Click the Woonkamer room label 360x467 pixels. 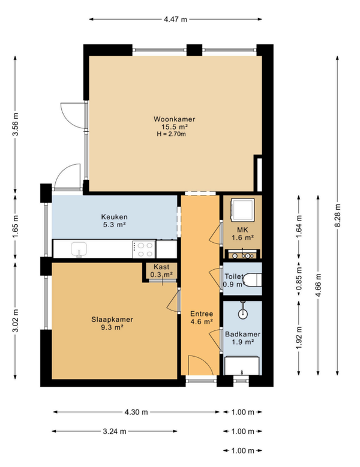click(175, 119)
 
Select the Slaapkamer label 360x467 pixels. click(112, 320)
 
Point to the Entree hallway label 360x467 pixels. click(202, 314)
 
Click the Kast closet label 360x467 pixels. click(161, 267)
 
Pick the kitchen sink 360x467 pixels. click(79, 249)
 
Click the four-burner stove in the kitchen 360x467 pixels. click(144, 249)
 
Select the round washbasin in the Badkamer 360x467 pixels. click(243, 313)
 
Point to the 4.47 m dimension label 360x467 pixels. click(176, 19)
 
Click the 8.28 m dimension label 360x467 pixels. click(337, 215)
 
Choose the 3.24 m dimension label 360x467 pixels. click(115, 431)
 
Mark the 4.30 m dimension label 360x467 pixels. click(136, 412)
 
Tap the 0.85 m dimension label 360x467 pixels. click(299, 278)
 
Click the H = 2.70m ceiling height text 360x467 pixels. click(172, 134)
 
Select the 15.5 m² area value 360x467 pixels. click(175, 127)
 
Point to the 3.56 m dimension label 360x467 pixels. click(16, 124)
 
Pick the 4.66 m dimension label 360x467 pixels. click(318, 285)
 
